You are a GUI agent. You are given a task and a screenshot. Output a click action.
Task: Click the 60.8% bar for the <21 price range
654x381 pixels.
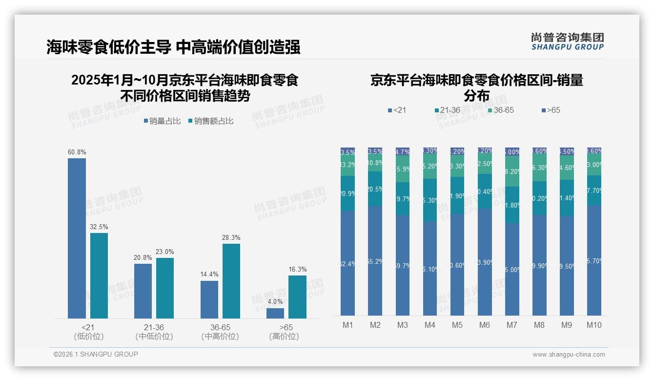(77, 238)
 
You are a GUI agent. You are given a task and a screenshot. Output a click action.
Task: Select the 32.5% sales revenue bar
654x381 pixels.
(99, 275)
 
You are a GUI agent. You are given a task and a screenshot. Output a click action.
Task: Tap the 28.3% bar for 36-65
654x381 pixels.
(231, 281)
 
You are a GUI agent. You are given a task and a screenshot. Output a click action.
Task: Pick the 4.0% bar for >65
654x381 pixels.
(275, 313)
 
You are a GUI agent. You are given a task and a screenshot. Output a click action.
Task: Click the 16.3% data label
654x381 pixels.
(297, 270)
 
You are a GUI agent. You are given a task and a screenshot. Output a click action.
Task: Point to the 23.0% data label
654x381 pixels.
(165, 252)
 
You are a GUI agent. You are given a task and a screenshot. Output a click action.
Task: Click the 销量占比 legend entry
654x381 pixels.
(162, 121)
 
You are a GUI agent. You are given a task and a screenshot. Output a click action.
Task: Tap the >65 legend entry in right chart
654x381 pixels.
(550, 110)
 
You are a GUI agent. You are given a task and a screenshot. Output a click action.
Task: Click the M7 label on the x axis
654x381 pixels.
(511, 325)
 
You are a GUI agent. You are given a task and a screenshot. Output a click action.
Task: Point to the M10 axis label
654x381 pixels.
(593, 325)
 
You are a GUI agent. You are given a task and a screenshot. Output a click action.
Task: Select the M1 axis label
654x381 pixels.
(347, 325)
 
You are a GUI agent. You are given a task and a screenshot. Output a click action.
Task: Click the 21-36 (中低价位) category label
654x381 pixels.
(154, 332)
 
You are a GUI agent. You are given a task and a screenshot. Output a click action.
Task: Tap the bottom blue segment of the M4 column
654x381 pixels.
(429, 268)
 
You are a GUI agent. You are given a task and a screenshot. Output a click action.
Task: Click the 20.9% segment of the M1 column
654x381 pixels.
(347, 193)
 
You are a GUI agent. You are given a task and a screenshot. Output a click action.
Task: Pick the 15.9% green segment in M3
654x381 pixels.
(402, 169)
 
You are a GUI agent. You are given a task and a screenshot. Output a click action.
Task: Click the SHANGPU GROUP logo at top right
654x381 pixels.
(567, 42)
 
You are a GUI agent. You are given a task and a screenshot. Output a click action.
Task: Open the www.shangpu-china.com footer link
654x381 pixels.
(569, 355)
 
